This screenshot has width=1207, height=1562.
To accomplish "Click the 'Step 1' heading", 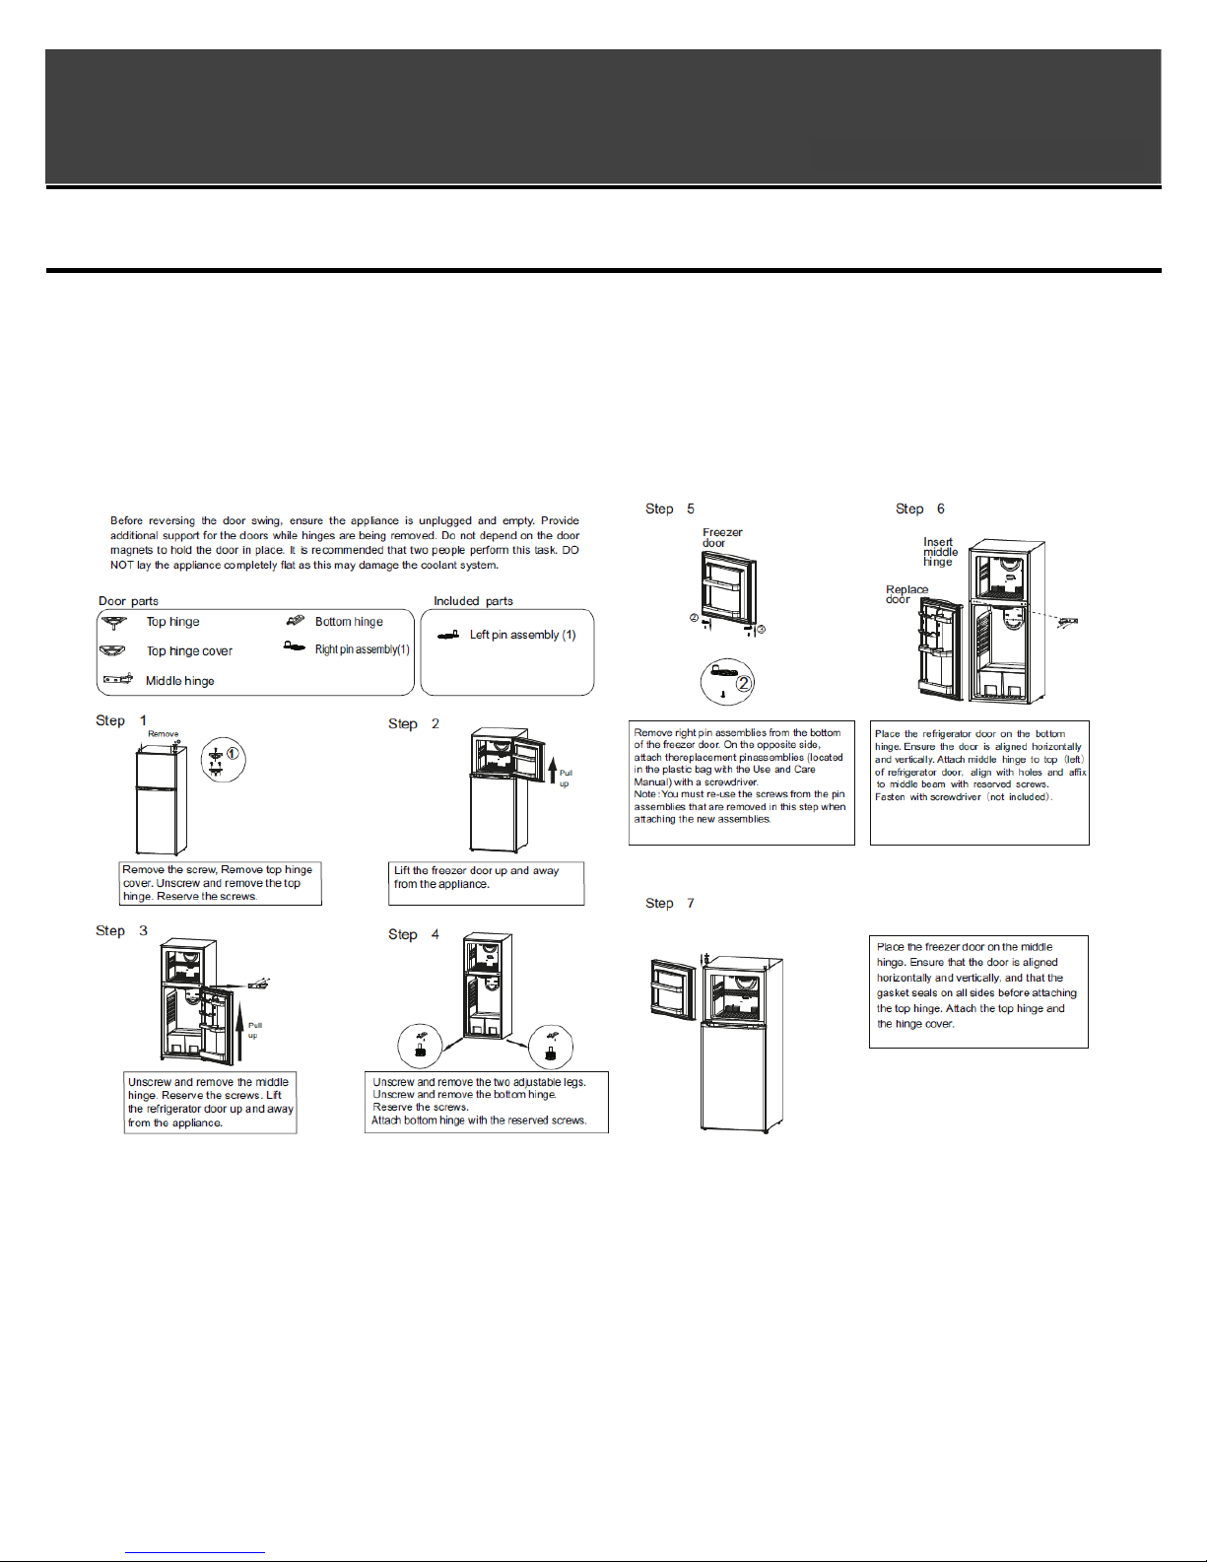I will tap(121, 720).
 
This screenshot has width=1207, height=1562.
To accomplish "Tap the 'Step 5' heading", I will tap(670, 509).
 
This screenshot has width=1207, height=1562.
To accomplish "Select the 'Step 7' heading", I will tap(670, 903).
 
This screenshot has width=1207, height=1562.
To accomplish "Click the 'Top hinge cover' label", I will tap(189, 651).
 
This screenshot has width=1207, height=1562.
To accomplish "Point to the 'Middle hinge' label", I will tap(179, 681).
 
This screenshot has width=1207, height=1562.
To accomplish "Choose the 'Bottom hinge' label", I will tap(349, 622).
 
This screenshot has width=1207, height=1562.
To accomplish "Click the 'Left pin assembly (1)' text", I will tap(522, 635).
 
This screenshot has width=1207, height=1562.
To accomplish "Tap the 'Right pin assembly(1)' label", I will tap(362, 649).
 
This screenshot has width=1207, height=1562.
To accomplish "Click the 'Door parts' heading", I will tap(128, 601).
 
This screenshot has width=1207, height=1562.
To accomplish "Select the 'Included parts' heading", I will tap(473, 601).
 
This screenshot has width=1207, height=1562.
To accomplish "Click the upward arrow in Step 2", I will tap(552, 769).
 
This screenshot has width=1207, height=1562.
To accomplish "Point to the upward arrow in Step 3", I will tap(239, 1030).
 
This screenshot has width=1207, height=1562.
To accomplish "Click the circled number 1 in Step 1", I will tap(233, 754).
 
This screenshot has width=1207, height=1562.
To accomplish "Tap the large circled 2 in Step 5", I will tap(744, 682).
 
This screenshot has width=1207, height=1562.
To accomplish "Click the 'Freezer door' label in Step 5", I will tap(721, 537).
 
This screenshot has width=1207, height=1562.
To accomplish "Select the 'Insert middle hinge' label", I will tap(939, 552).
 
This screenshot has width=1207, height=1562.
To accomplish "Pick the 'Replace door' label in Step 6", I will tap(905, 594).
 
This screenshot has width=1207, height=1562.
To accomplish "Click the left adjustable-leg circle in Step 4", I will tap(421, 1047).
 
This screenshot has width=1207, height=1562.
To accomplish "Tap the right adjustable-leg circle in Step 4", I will tap(551, 1047).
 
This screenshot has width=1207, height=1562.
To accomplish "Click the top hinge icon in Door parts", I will tap(114, 622).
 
